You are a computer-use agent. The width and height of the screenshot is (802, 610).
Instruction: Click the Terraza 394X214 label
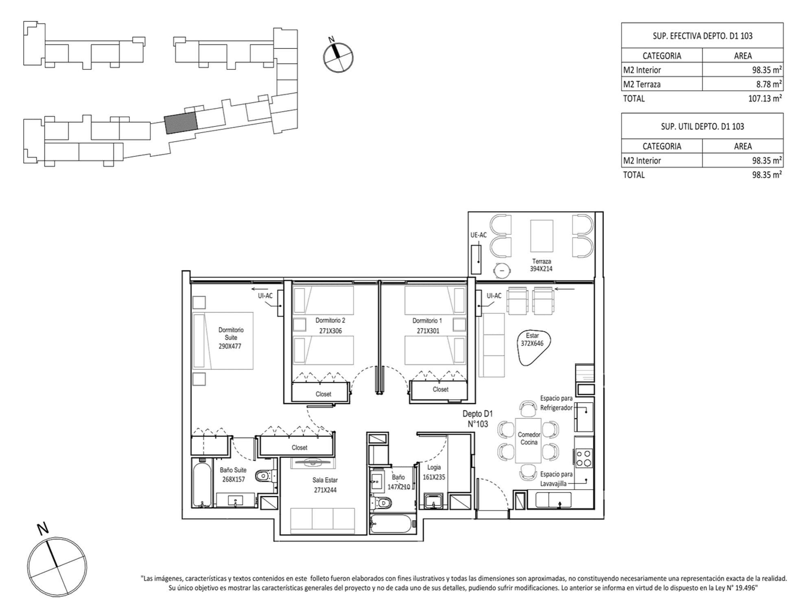(x=541, y=265)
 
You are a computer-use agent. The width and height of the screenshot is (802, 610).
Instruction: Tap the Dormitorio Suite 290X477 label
(x=230, y=338)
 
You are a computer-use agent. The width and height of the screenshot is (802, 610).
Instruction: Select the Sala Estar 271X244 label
(x=325, y=485)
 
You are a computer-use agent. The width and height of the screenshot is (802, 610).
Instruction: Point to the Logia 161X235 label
(x=434, y=472)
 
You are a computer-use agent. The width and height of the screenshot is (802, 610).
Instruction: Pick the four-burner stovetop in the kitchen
(x=584, y=457)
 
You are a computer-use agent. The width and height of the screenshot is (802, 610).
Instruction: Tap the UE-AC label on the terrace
(x=478, y=235)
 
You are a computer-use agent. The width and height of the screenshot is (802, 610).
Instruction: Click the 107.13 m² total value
(x=765, y=98)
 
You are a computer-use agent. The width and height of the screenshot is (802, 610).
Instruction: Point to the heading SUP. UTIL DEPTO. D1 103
(x=702, y=126)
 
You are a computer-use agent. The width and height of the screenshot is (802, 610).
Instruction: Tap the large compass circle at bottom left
(x=57, y=566)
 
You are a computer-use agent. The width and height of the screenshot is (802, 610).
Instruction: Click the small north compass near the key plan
(x=339, y=57)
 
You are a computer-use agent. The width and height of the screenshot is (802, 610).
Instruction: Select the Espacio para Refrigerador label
(x=556, y=403)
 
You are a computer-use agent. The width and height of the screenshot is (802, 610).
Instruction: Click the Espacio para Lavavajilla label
(x=556, y=479)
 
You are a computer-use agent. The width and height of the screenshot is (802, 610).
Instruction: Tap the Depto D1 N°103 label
(x=477, y=419)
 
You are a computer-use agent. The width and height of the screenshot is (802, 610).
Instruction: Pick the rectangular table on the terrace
(x=542, y=236)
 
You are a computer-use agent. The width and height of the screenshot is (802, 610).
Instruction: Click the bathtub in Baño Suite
(x=202, y=484)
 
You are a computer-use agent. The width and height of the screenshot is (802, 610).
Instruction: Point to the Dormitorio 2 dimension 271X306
(x=330, y=331)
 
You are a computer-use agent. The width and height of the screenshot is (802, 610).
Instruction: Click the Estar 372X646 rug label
(x=532, y=340)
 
